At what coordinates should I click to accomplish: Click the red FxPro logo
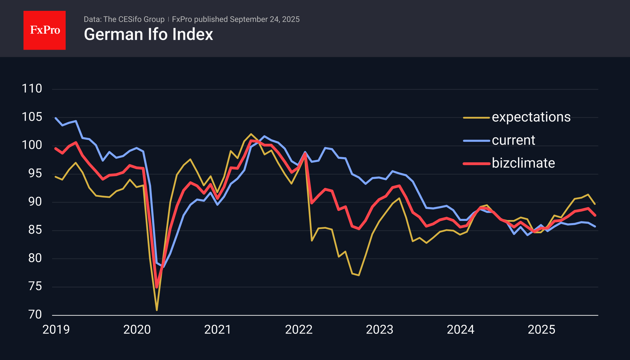[x=45, y=30]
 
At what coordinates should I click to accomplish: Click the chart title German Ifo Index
[x=148, y=34]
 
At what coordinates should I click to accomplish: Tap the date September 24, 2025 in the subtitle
[x=264, y=19]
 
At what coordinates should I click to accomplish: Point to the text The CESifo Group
[x=134, y=19]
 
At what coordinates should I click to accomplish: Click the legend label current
[x=513, y=140]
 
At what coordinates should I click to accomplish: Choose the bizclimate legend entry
[x=523, y=163]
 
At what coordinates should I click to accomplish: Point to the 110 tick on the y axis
[x=32, y=88]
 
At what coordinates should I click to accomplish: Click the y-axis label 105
[x=32, y=117]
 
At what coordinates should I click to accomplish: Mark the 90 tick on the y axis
[x=35, y=202]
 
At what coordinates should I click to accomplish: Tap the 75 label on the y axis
[x=35, y=286]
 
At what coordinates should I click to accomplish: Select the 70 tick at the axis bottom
[x=35, y=315]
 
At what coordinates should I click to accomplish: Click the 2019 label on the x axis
[x=56, y=330]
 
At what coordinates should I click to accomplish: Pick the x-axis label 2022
[x=299, y=330]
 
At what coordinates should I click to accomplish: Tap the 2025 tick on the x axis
[x=541, y=330]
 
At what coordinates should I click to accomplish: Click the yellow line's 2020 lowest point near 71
[x=157, y=310]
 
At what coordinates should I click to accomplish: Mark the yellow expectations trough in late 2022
[x=359, y=275]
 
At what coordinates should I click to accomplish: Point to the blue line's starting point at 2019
[x=56, y=118]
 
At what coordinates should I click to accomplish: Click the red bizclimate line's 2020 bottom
[x=157, y=287]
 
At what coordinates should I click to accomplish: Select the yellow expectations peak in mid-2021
[x=251, y=134]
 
